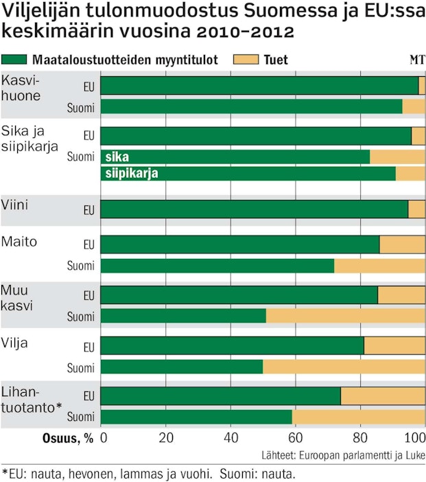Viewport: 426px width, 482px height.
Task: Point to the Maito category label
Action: [x=19, y=242]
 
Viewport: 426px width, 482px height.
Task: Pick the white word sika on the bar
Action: [x=117, y=157]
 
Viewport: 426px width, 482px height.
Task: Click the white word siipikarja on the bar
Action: [x=132, y=174]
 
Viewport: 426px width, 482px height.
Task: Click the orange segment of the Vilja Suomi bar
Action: [x=344, y=367]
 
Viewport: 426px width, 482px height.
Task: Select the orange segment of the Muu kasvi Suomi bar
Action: [x=345, y=316]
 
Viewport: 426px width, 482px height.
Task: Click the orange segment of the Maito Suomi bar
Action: [x=379, y=266]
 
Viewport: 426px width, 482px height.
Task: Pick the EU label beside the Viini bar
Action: [x=88, y=209]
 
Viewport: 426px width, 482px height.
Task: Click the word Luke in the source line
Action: [x=413, y=455]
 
